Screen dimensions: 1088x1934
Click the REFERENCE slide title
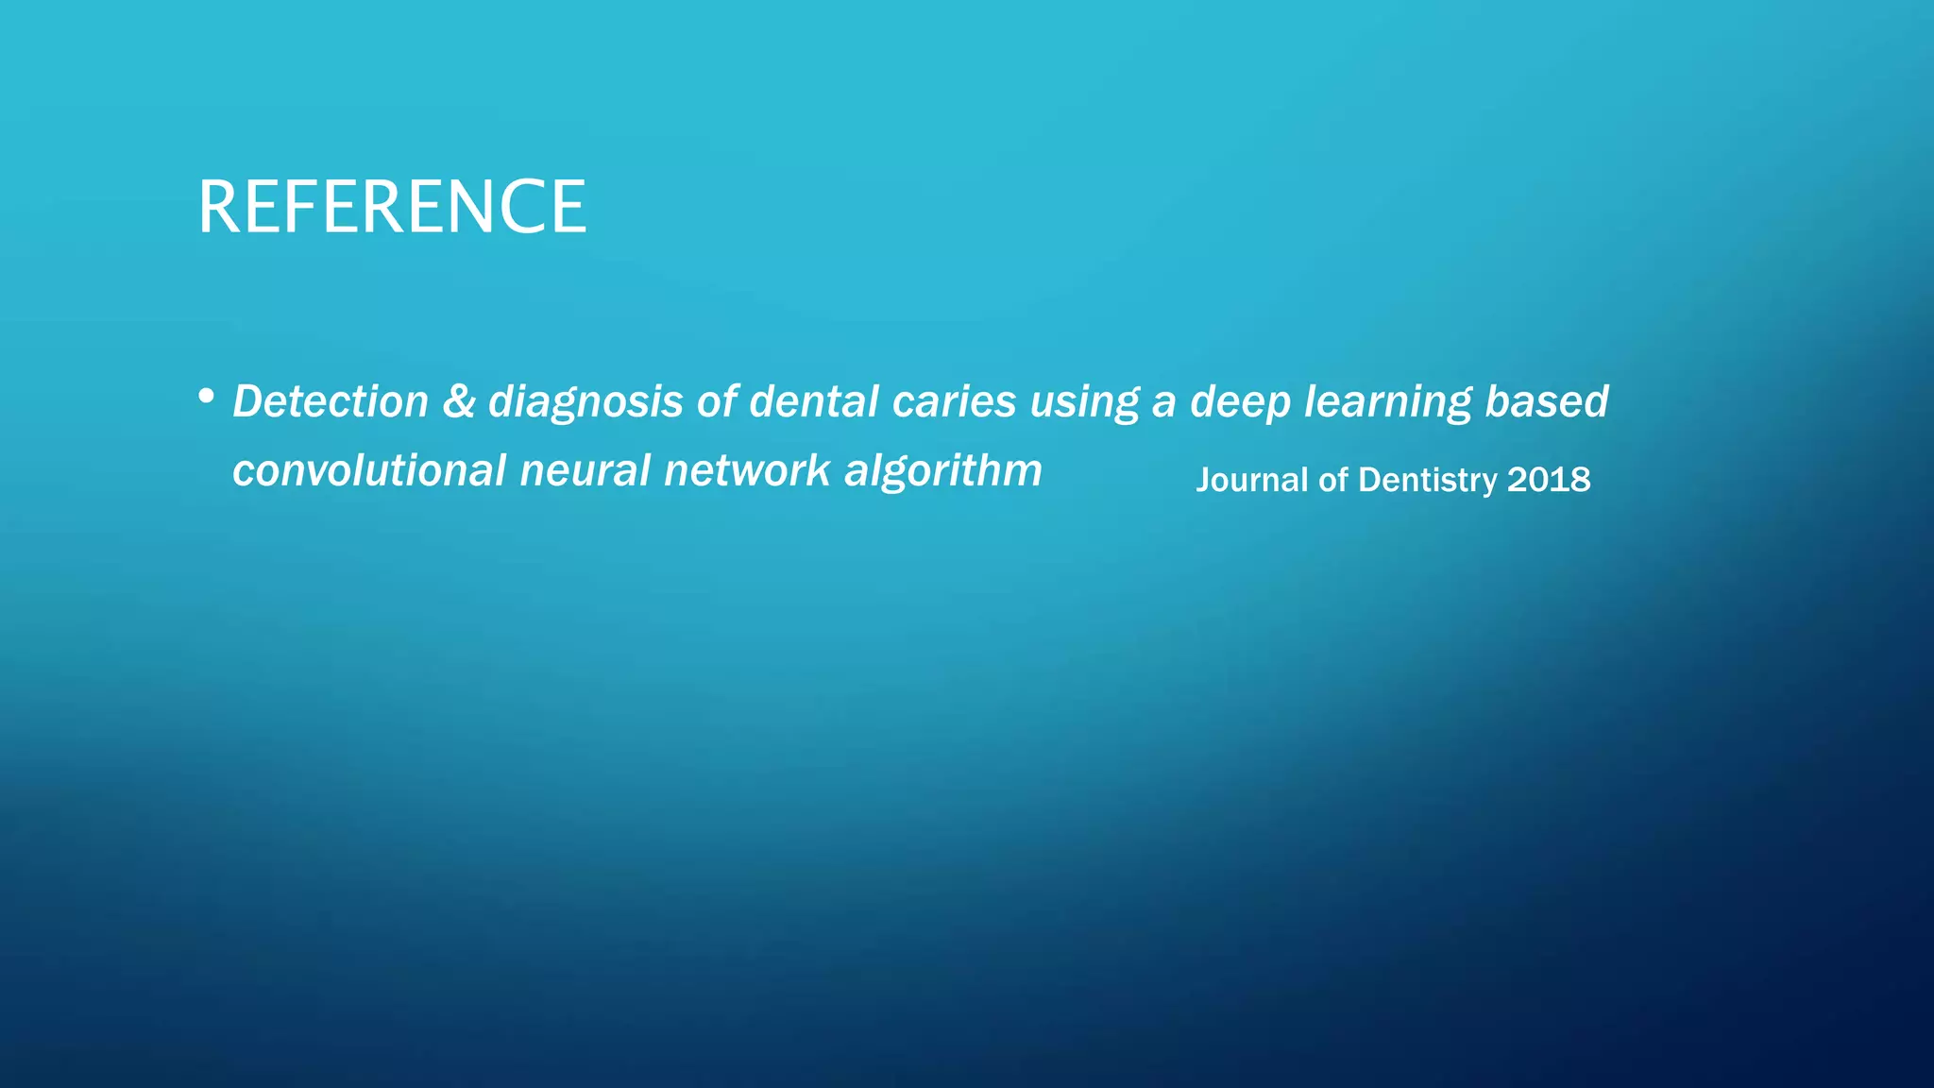click(x=392, y=207)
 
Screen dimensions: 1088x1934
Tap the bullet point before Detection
click(x=207, y=397)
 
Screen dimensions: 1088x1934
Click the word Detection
click(x=331, y=401)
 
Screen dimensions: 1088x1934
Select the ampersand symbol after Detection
click(x=458, y=401)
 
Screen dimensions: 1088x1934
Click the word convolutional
click(x=369, y=470)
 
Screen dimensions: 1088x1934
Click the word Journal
click(x=1252, y=481)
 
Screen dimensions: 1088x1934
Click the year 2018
click(x=1549, y=481)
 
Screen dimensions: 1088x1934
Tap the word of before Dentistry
click(x=1333, y=481)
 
